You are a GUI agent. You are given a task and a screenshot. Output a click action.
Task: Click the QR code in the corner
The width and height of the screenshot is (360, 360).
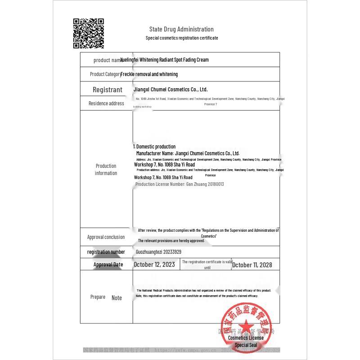point(89,33)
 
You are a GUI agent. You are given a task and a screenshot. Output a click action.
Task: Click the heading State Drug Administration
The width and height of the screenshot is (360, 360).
point(181,29)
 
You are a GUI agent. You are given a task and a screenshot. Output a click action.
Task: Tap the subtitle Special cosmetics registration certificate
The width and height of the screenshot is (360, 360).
point(182,38)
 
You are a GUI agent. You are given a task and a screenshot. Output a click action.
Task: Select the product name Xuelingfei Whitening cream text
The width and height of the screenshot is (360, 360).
point(165,60)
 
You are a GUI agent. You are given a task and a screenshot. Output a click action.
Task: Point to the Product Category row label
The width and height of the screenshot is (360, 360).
point(105,74)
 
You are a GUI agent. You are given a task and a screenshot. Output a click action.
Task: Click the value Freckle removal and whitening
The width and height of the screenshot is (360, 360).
point(149,74)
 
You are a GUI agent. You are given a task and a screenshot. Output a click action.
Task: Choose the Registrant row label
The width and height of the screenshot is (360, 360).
point(107,90)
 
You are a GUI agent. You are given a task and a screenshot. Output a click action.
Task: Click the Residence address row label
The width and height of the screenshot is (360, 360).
point(106,103)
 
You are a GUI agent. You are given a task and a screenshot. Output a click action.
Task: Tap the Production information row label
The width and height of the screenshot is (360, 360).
point(106,170)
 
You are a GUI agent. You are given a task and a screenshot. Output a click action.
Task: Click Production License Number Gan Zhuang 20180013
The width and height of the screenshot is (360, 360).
point(180,184)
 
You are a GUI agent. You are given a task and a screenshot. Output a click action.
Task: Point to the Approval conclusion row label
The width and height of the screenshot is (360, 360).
point(106,237)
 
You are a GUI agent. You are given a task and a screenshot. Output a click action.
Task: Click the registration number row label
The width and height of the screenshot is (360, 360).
point(106,252)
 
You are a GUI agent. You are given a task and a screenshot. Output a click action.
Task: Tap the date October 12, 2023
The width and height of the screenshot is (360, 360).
point(154,265)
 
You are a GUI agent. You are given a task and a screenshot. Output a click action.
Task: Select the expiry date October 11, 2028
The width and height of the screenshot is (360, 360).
point(252,265)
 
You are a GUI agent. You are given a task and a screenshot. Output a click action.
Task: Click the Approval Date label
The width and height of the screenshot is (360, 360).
point(108,265)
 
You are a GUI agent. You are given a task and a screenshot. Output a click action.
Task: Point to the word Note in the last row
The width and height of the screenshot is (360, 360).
point(117,298)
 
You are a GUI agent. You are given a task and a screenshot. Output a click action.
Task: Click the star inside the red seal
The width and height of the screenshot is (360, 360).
point(246,327)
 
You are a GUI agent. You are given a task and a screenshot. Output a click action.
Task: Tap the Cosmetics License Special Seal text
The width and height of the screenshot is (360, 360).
point(246,341)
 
